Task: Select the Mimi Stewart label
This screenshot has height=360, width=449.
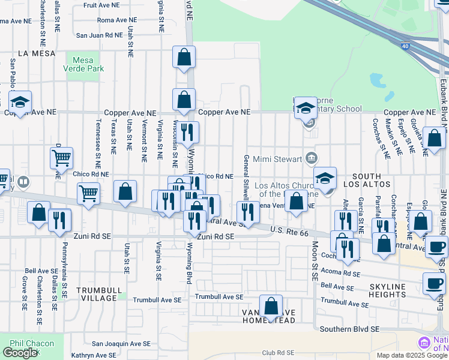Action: [279, 160]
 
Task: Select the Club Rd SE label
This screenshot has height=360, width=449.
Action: [277, 353]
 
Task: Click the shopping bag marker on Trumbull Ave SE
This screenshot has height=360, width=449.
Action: [271, 305]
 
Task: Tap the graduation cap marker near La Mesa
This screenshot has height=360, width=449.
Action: [20, 102]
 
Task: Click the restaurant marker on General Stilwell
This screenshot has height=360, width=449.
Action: [247, 212]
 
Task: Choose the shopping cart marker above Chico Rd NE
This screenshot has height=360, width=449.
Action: [61, 159]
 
